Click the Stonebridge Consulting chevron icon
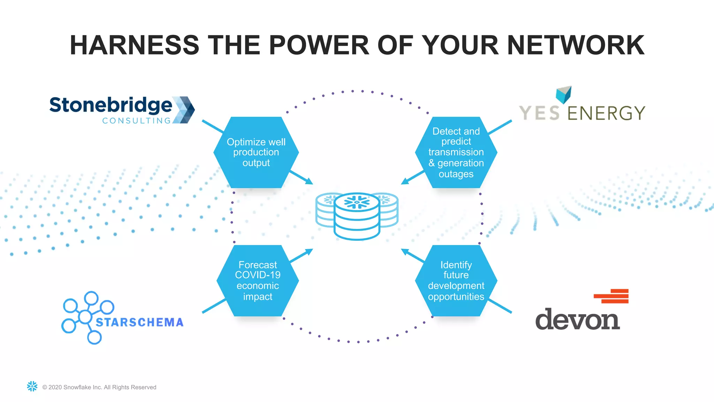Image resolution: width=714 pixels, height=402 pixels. [x=184, y=110]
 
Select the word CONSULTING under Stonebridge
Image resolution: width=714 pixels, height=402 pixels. [x=136, y=121]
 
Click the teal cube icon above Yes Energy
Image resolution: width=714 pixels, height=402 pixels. [x=563, y=94]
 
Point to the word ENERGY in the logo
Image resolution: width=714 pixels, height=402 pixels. [x=606, y=113]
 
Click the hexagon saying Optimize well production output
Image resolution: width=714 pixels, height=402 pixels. [x=256, y=152]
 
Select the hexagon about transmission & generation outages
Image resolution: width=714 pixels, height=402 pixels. [x=456, y=152]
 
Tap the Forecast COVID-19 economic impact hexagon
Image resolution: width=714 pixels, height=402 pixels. [x=258, y=281]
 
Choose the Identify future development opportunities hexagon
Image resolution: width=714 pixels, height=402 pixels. [x=456, y=281]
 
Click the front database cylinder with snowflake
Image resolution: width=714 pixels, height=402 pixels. [x=357, y=216]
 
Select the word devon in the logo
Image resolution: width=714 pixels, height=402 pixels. [x=577, y=319]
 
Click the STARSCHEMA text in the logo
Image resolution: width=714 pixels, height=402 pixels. [x=139, y=322]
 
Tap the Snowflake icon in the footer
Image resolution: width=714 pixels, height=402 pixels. [x=32, y=386]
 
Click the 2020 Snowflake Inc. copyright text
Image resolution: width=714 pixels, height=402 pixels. [x=99, y=387]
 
